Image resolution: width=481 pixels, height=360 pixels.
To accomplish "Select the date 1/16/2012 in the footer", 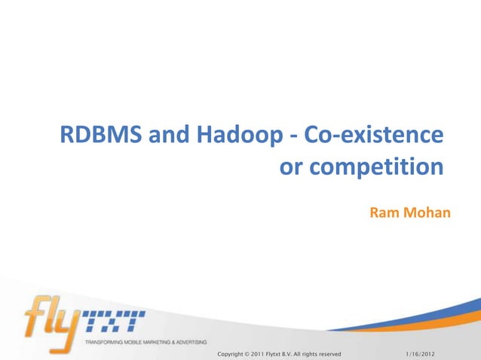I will pyautogui.click(x=425, y=353).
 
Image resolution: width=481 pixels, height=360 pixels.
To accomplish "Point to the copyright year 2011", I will pyautogui.click(x=269, y=353).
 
